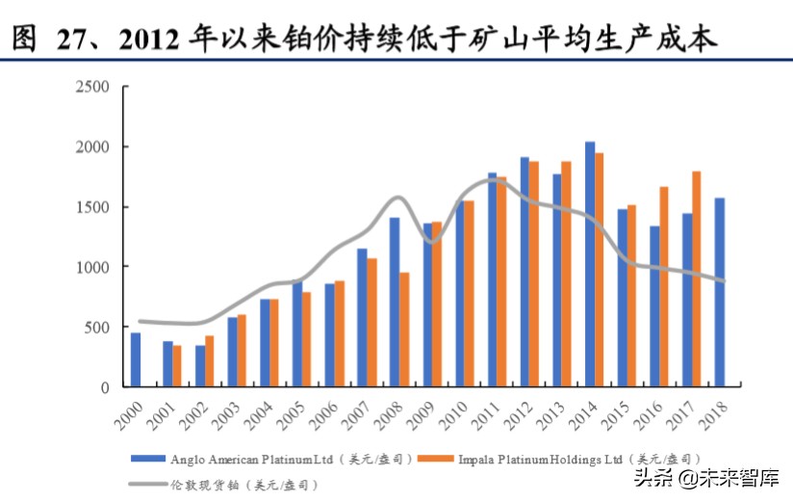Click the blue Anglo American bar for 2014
[590, 264]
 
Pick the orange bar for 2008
[405, 329]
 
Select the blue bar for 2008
[395, 302]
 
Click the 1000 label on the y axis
[94, 267]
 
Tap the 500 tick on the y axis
[98, 328]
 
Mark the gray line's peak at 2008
[397, 198]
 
